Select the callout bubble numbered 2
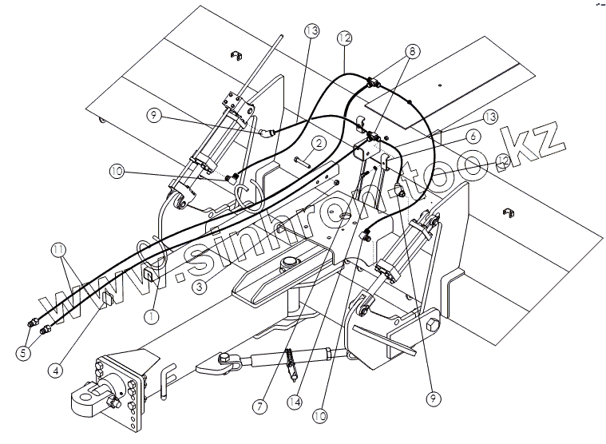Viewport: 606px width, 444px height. (x=318, y=144)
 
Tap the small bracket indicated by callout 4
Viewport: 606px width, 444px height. (x=106, y=302)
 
